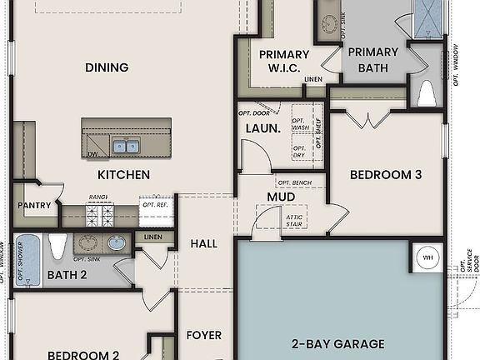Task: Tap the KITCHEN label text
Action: pos(124,175)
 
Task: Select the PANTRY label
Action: pos(33,205)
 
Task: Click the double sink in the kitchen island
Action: pos(126,147)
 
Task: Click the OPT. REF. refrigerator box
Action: pos(156,212)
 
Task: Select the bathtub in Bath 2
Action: pos(27,259)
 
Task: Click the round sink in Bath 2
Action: pos(117,243)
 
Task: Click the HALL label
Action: pos(203,243)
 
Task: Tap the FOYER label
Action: pos(203,335)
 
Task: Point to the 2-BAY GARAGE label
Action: pos(337,343)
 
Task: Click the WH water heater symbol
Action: pos(428,257)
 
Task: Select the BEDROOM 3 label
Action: pos(385,175)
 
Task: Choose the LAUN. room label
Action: pos(262,128)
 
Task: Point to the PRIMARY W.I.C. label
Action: pos(283,61)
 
